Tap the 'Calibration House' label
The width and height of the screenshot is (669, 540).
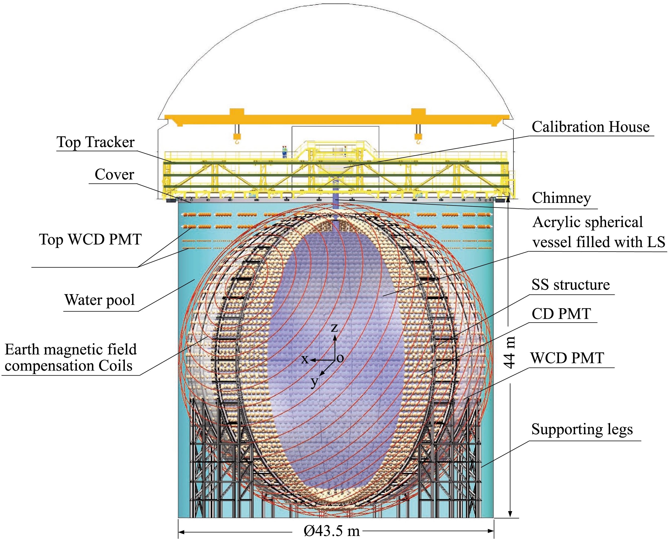click(590, 127)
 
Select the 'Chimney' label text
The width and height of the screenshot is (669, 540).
click(561, 198)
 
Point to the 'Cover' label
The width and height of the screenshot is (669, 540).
click(114, 175)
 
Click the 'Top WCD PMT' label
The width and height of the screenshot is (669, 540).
click(90, 240)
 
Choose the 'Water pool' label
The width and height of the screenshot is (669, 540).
click(100, 300)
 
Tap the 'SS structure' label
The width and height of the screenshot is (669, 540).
click(571, 285)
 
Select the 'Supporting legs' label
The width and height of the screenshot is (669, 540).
click(582, 430)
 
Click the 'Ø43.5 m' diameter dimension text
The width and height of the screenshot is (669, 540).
click(332, 531)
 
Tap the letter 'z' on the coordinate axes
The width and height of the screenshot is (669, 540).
click(334, 328)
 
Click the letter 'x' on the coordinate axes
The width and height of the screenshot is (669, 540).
click(305, 359)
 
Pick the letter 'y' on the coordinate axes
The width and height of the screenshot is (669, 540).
click(315, 381)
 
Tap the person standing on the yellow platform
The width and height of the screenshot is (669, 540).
click(284, 152)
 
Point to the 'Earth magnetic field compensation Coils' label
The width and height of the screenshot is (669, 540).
click(71, 358)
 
